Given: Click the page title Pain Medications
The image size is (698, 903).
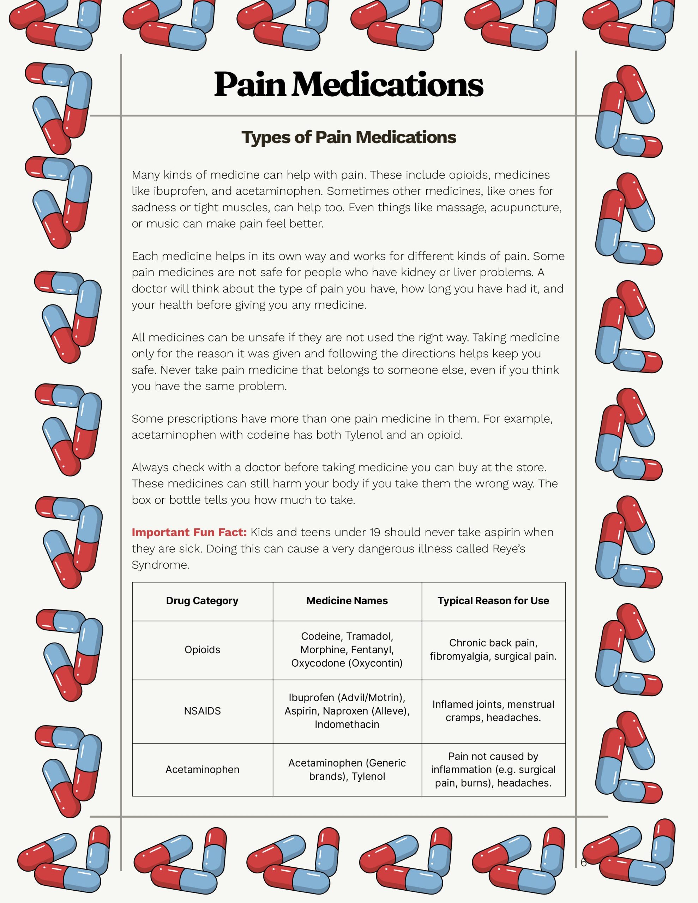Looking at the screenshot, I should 348,84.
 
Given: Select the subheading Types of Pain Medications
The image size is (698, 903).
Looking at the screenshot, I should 348,137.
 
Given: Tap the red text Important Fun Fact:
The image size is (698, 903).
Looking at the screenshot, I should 189,532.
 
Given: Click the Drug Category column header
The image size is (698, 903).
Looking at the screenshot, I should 202,601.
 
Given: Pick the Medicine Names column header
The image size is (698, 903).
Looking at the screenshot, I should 347,601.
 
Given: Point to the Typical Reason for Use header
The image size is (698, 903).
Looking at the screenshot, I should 493,601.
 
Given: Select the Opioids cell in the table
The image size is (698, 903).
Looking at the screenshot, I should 202,649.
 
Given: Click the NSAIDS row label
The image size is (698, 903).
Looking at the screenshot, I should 202,711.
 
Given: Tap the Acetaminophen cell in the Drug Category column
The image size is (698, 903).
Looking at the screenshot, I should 202,769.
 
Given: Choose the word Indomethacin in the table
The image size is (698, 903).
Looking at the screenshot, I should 347,725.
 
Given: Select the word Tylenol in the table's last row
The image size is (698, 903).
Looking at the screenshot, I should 368,776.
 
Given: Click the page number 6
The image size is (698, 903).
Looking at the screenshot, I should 583,862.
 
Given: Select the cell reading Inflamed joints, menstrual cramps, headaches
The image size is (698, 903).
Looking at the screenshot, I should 493,711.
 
